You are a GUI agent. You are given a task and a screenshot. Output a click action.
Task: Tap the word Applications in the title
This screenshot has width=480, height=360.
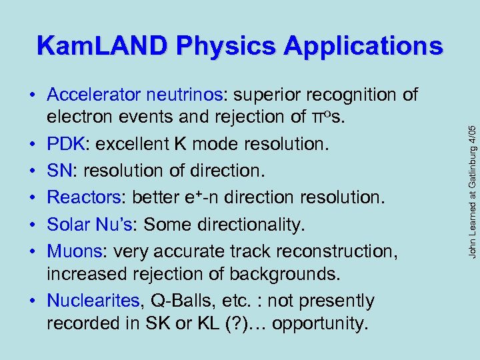363,46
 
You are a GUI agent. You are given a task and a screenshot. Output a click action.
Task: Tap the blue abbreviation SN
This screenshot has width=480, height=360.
58,171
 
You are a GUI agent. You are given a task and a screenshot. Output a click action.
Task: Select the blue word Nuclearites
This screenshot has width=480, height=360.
93,301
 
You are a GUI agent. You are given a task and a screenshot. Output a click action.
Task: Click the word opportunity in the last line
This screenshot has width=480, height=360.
319,325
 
